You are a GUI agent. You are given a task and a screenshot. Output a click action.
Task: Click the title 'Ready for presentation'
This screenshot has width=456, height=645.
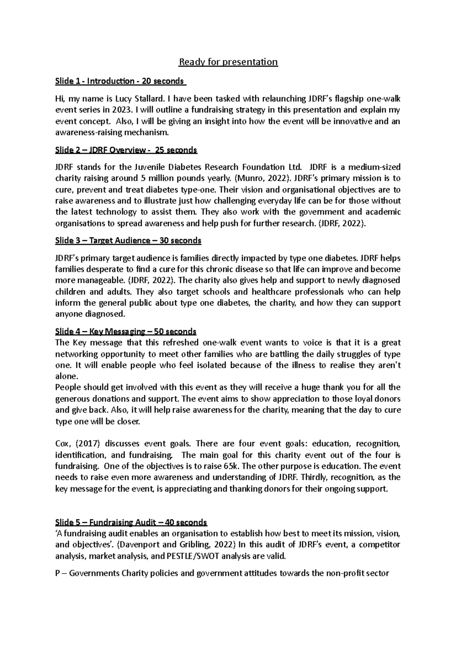(x=228, y=62)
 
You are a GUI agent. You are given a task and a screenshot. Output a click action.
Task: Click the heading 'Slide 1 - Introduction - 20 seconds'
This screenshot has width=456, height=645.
(x=120, y=81)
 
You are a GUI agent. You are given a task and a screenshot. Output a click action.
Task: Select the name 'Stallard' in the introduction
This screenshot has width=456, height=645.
(x=149, y=99)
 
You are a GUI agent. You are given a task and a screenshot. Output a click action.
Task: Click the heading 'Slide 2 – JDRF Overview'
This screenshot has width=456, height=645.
(x=126, y=150)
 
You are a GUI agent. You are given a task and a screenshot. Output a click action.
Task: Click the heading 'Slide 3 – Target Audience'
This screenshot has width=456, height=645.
(x=128, y=240)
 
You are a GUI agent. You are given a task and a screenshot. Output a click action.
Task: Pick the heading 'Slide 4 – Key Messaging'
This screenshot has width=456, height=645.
(x=126, y=332)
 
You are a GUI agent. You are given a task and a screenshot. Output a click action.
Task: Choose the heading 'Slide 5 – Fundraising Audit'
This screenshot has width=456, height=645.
(x=131, y=522)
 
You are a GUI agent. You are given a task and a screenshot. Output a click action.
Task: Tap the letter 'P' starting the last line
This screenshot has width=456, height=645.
(x=58, y=573)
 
